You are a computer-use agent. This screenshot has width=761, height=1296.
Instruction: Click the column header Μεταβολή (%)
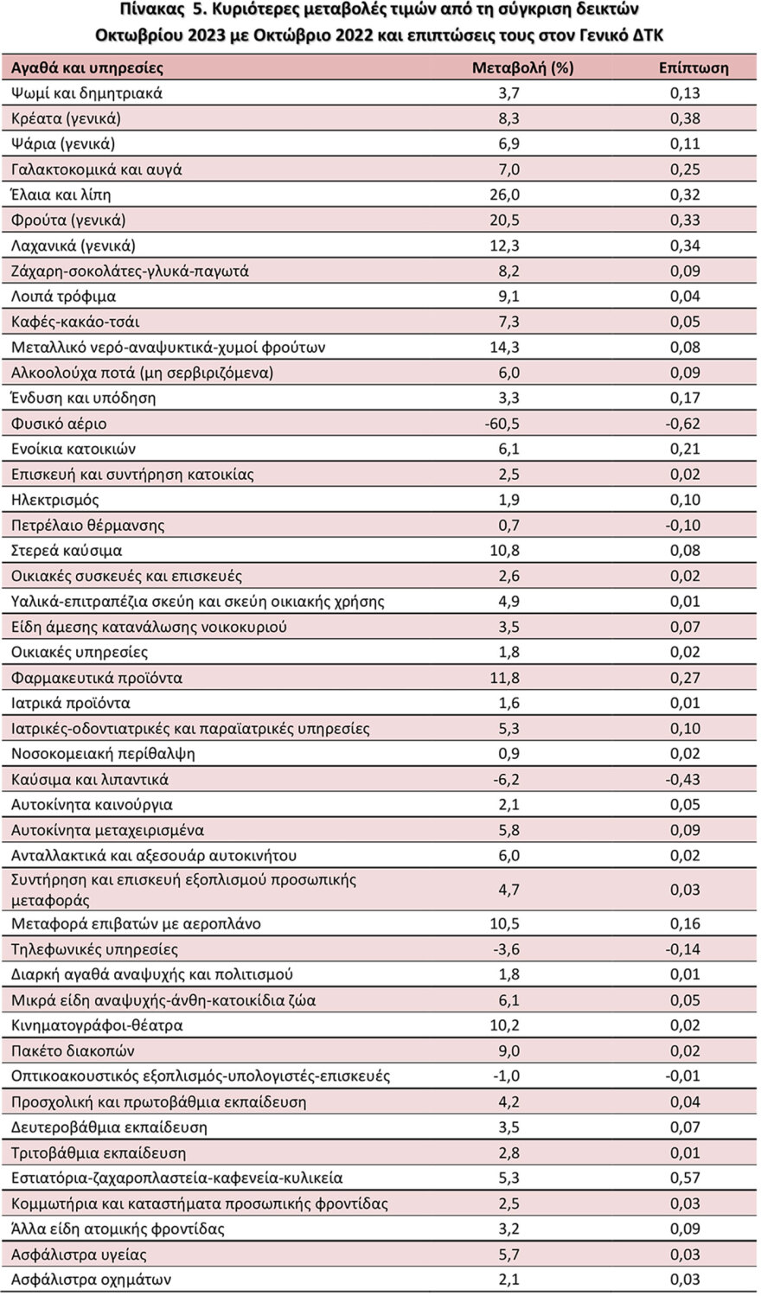pos(522,67)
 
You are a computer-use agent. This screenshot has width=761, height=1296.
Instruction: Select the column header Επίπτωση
pos(694,67)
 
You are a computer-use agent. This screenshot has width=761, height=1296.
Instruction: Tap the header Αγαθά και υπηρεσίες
pos(87,67)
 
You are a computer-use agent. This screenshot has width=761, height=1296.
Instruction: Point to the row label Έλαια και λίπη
pos(61,195)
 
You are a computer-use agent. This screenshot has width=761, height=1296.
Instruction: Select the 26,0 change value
pos(505,195)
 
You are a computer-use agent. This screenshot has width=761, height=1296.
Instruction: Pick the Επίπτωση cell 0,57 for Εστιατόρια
pos(685,1178)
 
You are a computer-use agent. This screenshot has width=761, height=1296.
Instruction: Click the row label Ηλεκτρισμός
pos(55,500)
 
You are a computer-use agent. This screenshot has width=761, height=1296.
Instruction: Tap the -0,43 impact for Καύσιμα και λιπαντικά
pos(682,779)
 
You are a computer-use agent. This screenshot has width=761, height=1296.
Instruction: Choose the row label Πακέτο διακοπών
pos(74,1050)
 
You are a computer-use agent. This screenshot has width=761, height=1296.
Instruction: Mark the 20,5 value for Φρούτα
pos(505,220)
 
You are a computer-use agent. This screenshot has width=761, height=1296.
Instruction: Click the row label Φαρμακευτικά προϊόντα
pos(97,678)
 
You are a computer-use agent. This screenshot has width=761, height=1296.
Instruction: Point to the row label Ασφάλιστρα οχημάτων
pos(92,1279)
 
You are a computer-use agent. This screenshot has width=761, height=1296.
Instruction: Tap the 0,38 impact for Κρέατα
pos(685,118)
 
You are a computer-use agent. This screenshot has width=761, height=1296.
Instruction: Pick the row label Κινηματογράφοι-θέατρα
pos(98,1025)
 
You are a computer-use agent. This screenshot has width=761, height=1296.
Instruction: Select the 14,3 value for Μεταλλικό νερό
pos(505,348)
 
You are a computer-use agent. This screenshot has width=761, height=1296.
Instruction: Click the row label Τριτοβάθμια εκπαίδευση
pos(99,1152)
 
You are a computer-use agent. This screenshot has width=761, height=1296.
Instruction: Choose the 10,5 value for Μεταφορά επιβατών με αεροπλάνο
pos(505,923)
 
